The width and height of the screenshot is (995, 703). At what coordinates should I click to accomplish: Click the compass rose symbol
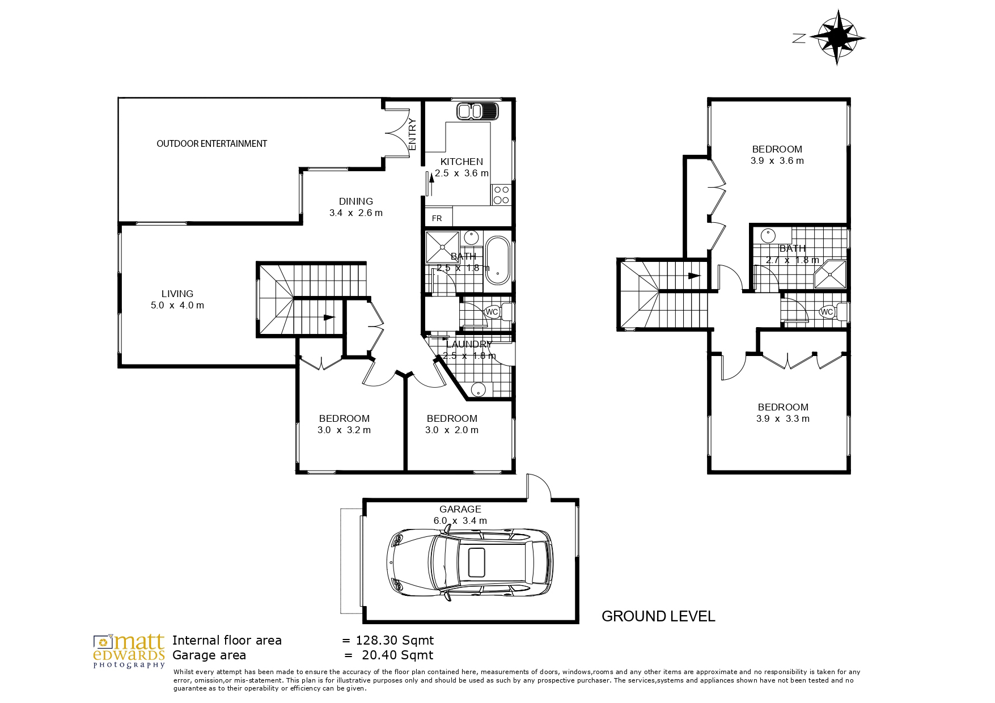click(x=837, y=38)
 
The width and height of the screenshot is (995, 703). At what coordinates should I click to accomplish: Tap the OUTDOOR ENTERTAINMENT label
click(x=211, y=144)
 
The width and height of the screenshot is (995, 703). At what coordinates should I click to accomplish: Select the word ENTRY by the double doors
click(x=412, y=134)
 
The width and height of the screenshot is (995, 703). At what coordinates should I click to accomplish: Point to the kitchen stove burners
click(x=501, y=195)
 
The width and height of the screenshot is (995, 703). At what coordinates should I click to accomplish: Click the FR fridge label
click(x=437, y=218)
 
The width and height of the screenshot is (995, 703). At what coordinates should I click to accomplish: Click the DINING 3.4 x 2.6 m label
click(x=356, y=207)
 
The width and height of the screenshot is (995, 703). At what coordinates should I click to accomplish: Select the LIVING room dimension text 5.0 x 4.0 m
click(x=177, y=305)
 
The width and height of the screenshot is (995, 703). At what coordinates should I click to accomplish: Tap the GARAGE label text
click(x=460, y=509)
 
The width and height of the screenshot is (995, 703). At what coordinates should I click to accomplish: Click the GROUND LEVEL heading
click(x=658, y=616)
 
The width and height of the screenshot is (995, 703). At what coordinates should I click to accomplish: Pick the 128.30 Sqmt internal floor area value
click(x=395, y=641)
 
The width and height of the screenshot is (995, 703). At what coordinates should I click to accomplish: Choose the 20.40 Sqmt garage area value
click(x=397, y=655)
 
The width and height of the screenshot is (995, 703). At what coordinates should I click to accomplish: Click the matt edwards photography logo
click(x=129, y=651)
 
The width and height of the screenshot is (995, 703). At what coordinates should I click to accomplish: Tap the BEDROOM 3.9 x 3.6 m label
click(x=777, y=155)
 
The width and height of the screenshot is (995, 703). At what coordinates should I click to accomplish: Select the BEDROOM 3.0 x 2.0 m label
click(x=452, y=424)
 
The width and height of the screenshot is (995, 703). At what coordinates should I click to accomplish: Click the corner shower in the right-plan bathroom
click(x=830, y=276)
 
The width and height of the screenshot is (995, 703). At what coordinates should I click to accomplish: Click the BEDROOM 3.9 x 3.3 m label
click(x=783, y=413)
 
